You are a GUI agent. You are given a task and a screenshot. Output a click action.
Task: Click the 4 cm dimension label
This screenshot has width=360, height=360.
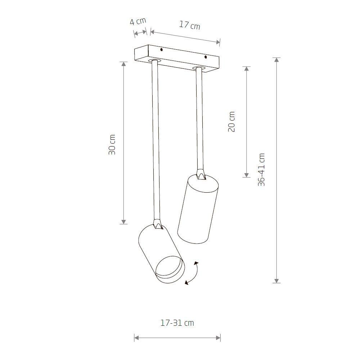tap(138, 21)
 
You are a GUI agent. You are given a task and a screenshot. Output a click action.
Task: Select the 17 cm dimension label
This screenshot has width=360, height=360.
tap(190, 25)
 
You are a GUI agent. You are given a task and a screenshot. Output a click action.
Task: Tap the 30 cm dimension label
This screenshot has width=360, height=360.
tap(112, 144)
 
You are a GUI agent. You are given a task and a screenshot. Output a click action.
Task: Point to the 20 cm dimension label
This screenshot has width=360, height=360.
tap(231, 122)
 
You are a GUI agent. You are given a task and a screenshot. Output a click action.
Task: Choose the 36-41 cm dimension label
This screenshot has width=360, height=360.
tap(261, 170)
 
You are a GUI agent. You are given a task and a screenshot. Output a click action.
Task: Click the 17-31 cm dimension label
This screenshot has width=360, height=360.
tap(177, 323)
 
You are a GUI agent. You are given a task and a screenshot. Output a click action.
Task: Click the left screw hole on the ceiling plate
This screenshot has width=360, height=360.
tap(161, 50)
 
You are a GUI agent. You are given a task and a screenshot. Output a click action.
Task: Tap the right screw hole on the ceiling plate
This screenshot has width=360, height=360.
tap(206, 57)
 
